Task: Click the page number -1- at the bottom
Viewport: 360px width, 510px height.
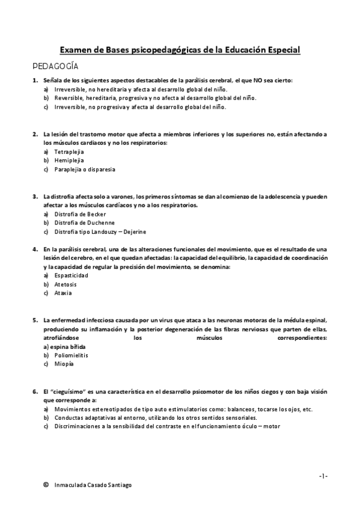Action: click(x=323, y=476)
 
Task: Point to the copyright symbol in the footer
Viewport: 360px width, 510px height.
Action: click(x=46, y=485)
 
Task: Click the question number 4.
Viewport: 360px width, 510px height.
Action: click(x=35, y=249)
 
